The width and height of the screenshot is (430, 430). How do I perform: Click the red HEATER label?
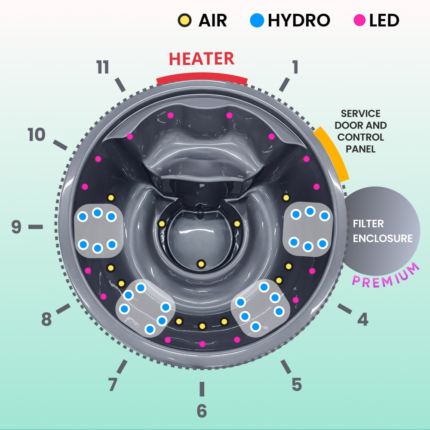click(202, 59)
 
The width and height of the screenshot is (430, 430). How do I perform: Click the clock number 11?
click(103, 68)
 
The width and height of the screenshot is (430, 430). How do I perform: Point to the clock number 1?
click(295, 68)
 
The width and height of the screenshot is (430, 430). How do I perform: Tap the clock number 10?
click(37, 135)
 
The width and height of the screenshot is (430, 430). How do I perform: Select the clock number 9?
click(16, 227)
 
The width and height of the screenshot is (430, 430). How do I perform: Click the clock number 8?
click(46, 319)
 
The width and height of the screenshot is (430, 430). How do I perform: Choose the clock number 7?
click(113, 384)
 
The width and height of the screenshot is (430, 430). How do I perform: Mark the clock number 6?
click(202, 411)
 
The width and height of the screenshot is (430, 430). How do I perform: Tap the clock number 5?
click(296, 384)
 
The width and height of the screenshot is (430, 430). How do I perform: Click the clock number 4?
click(363, 319)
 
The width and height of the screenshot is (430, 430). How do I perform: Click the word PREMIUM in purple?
click(386, 276)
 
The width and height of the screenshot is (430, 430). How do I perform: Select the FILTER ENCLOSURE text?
click(382, 231)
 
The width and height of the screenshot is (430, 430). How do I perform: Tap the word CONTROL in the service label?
click(361, 138)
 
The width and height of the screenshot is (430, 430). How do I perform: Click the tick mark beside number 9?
click(36, 227)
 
